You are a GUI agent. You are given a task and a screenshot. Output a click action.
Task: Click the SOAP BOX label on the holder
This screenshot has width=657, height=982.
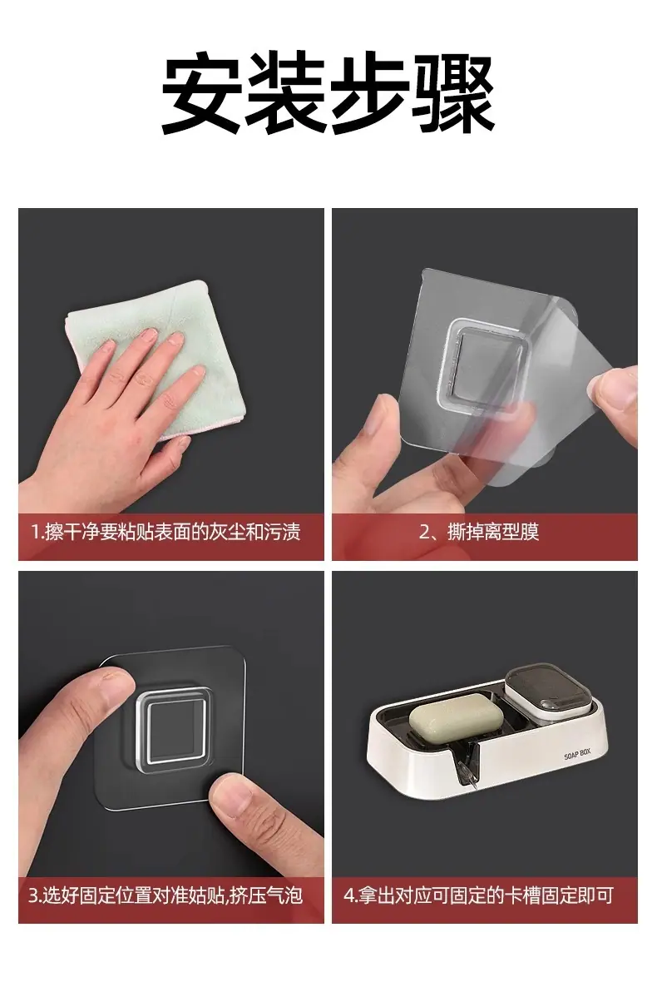pos(576,754)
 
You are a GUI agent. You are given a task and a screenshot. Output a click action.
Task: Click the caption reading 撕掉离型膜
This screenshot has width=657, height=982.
pos(493,533)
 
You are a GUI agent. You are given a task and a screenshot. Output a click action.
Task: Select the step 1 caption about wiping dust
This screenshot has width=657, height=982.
pos(165,533)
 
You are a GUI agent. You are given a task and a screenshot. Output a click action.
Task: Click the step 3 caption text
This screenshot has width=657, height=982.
pos(165,895)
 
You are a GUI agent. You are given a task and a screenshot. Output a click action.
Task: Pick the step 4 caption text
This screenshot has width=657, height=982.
pos(478,895)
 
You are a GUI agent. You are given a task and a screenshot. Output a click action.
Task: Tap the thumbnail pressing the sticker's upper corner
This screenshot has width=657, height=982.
pos(117,686)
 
